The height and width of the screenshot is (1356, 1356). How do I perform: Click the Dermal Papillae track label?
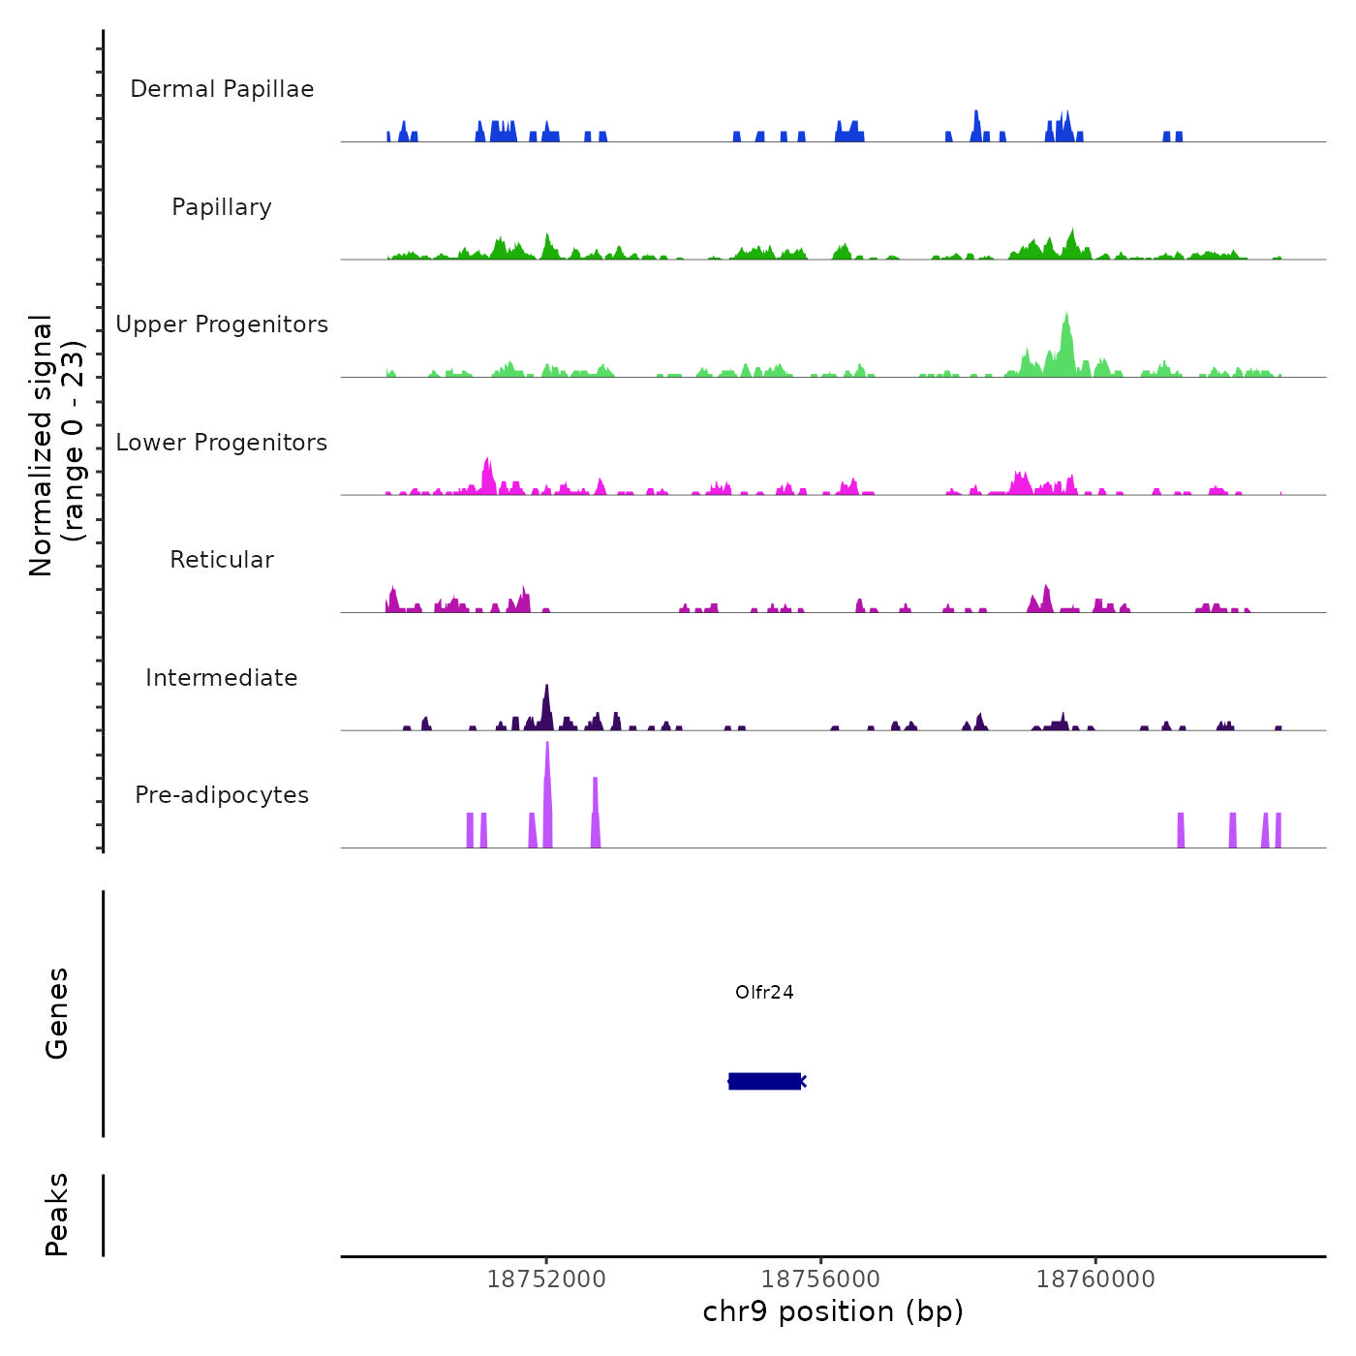(x=222, y=89)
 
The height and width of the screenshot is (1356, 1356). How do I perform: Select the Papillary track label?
(x=222, y=207)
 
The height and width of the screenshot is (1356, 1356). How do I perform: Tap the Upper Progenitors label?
(x=222, y=324)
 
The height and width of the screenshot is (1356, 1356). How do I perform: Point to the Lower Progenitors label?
(x=222, y=443)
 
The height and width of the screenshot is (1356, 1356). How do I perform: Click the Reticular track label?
(x=222, y=560)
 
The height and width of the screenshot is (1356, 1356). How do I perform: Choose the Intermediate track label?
(x=222, y=678)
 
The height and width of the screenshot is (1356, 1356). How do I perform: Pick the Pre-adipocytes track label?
(x=222, y=795)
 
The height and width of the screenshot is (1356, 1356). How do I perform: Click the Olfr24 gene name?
(x=764, y=992)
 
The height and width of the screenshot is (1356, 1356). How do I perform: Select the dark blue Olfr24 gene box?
(x=764, y=1081)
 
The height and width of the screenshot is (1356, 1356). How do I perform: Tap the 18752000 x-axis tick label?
(x=546, y=1279)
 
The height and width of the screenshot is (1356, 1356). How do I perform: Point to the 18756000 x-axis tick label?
(x=821, y=1279)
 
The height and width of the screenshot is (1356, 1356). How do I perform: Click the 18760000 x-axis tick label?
(x=1095, y=1279)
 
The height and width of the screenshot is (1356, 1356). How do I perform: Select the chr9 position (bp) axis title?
(x=833, y=1311)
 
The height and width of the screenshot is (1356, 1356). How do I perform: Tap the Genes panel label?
(x=57, y=1013)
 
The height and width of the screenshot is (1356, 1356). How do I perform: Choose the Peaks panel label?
(x=57, y=1215)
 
